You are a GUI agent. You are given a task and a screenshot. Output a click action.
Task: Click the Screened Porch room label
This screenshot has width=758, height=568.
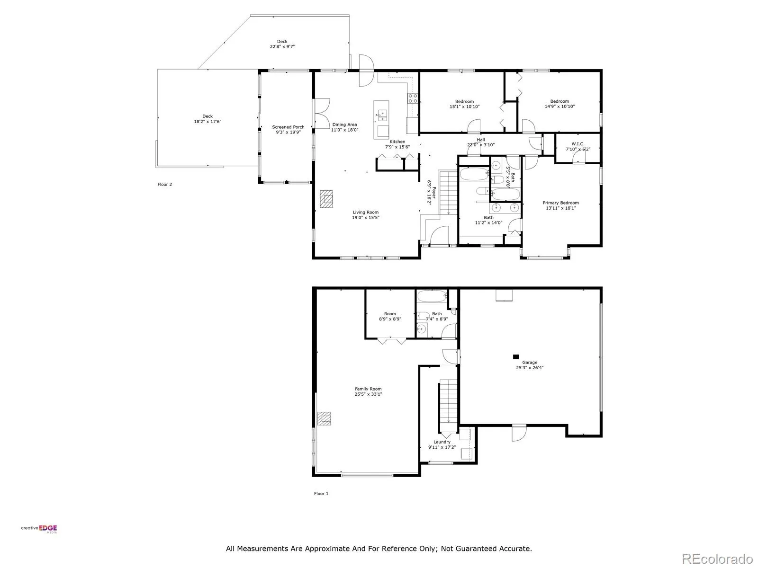(288, 127)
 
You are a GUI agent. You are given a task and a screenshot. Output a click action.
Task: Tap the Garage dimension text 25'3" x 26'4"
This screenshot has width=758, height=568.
(529, 368)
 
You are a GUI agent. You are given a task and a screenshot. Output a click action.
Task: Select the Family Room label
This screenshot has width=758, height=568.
(368, 389)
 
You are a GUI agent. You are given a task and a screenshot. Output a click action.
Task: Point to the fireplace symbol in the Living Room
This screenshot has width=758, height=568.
(326, 199)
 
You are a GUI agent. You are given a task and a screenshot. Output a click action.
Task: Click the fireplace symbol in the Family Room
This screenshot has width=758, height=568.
(324, 418)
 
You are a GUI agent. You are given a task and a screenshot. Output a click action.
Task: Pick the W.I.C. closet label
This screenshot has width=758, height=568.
(578, 144)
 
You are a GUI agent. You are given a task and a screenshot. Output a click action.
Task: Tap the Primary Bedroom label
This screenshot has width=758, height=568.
(560, 203)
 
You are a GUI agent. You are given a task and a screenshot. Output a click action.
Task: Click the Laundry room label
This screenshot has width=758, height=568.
(442, 442)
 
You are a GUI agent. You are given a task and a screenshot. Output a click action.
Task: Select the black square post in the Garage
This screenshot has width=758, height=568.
(515, 357)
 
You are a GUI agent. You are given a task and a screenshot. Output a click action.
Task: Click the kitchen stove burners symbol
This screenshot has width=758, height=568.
(413, 98)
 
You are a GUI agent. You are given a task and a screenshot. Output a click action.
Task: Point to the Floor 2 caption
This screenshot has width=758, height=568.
(165, 184)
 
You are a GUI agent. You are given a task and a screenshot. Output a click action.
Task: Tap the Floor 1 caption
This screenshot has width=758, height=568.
(321, 494)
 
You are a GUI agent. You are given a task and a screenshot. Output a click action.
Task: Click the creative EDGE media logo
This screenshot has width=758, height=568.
(39, 529)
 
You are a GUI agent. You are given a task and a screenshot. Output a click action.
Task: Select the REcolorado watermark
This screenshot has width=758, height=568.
(717, 559)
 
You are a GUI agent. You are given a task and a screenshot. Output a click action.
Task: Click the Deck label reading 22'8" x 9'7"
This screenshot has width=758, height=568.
(282, 44)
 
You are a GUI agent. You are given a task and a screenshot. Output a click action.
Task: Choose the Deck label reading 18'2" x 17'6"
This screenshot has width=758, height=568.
(208, 119)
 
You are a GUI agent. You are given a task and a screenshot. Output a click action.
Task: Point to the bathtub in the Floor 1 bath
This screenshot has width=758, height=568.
(432, 296)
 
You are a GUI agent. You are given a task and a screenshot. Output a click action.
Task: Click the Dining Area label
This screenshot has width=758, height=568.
(344, 124)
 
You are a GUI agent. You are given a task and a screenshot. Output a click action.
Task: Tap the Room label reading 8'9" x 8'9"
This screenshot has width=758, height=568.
(390, 316)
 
